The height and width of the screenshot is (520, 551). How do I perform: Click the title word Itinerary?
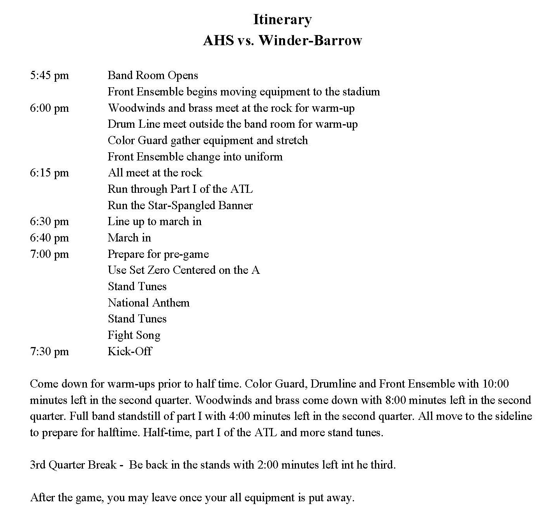[x=282, y=19]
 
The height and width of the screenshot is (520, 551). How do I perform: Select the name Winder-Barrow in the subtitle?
[x=310, y=41]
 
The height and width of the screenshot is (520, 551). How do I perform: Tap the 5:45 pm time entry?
[x=49, y=76]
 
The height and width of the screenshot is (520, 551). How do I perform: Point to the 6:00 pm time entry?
[x=49, y=108]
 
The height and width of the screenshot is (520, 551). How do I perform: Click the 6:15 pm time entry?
[x=49, y=173]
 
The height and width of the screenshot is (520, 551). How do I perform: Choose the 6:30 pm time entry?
[x=49, y=222]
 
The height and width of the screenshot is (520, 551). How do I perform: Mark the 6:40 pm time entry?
[x=49, y=238]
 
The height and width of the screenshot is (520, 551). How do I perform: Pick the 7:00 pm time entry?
[x=49, y=254]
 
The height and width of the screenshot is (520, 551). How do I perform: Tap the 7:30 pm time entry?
[x=49, y=352]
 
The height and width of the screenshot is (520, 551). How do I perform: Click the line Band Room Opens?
[x=153, y=76]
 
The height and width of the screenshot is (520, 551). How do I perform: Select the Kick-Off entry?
[x=130, y=351]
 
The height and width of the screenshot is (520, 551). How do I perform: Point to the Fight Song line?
[x=134, y=335]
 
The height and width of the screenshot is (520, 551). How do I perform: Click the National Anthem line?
[x=148, y=303]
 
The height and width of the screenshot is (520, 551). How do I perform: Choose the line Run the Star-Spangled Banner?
[x=180, y=206]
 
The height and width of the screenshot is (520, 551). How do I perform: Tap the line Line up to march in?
[x=155, y=222]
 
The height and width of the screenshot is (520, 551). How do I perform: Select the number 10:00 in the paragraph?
[x=495, y=384]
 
